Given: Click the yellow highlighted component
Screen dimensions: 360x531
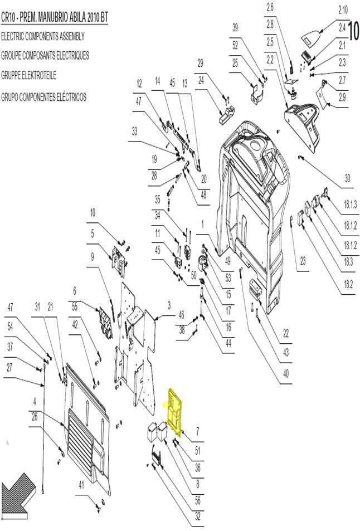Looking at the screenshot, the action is click(175, 412).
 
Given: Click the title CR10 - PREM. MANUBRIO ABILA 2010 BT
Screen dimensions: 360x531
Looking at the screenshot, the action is click(55, 18).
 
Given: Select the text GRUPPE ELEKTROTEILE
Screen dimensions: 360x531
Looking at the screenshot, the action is click(29, 75).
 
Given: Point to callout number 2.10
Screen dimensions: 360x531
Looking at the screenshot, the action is click(343, 10).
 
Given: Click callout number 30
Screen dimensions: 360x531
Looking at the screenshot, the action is click(347, 178).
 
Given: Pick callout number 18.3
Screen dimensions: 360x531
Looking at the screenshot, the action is click(348, 262).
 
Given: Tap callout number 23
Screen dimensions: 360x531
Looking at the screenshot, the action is click(303, 261).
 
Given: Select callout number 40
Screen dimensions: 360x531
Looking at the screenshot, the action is click(286, 373).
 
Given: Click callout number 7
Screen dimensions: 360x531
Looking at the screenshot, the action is click(197, 431).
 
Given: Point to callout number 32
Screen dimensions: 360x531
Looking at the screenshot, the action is click(198, 516).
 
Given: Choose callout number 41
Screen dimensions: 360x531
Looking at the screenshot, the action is click(81, 485).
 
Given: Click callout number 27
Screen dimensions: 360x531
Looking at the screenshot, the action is click(9, 367).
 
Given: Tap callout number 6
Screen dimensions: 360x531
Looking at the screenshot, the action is click(75, 290).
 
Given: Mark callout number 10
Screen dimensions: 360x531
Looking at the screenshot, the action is click(93, 213).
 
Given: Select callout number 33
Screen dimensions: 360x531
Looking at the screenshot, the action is click(134, 131).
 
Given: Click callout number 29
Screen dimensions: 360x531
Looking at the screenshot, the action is click(201, 63).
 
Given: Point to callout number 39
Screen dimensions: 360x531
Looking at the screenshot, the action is click(235, 27).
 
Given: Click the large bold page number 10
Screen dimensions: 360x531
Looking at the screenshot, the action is click(354, 31).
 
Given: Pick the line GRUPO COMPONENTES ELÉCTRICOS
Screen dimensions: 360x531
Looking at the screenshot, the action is click(43, 97).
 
